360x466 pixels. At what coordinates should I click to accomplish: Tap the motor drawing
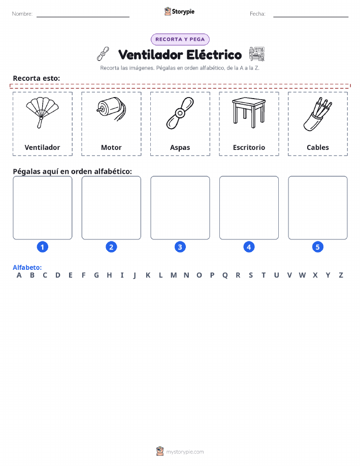(111, 109)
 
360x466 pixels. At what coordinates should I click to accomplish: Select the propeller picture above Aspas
(180, 113)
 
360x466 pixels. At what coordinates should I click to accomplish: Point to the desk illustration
(249, 113)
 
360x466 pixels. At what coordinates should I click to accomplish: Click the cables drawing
(317, 114)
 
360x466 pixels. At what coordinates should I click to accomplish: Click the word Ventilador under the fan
(42, 147)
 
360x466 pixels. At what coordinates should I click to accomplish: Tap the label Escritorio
(249, 147)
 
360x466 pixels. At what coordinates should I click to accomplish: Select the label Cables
(318, 147)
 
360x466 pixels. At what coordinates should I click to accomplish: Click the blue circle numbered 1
(43, 247)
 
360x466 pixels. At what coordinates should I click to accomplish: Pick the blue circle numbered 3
(180, 247)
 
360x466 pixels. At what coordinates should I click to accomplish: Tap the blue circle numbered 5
(317, 247)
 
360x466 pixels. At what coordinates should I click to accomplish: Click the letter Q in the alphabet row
(225, 275)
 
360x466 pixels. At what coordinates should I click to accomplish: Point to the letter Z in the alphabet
(341, 275)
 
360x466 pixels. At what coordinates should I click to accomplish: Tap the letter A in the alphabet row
(19, 275)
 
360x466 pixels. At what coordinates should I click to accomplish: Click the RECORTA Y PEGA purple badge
(180, 39)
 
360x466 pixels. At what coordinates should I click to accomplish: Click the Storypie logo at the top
(179, 12)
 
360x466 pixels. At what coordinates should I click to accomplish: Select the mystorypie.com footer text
(185, 452)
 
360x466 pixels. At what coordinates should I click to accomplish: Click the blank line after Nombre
(83, 17)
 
